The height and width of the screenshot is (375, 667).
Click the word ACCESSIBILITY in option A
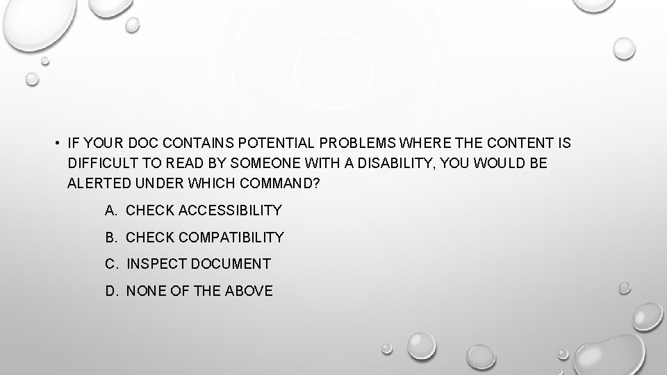(x=231, y=210)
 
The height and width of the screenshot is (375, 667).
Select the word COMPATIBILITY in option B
(x=231, y=237)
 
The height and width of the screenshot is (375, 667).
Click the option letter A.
(x=110, y=210)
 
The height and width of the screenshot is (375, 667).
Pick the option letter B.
(x=110, y=237)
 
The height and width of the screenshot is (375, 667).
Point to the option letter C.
(x=110, y=264)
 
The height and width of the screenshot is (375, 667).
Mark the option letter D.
(x=110, y=291)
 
